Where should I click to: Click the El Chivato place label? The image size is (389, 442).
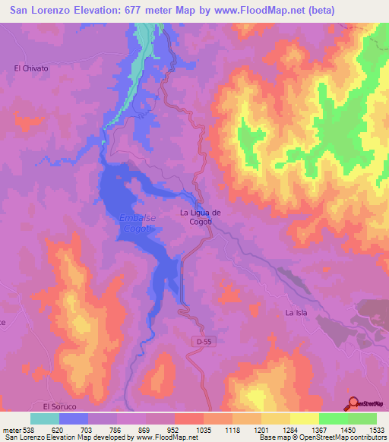pyautogui.click(x=31, y=68)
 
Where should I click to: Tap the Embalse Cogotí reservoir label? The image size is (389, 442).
pyautogui.click(x=138, y=223)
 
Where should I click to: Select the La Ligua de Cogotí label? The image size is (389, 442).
pyautogui.click(x=201, y=217)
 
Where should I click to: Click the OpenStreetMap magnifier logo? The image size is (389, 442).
pyautogui.click(x=353, y=403)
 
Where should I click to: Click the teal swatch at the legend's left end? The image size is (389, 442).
pyautogui.click(x=45, y=418)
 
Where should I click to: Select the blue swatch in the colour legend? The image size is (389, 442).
pyautogui.click(x=74, y=418)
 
